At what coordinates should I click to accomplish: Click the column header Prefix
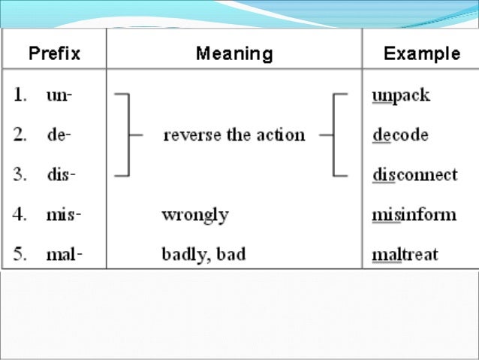pos(55,53)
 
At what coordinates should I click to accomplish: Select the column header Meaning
pos(234,53)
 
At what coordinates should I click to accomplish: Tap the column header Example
pos(421,53)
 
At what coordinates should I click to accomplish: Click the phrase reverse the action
pos(234,136)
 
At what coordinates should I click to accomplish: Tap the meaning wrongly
pos(195,215)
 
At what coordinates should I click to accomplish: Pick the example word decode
pos(400,136)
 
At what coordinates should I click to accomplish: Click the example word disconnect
pos(414,175)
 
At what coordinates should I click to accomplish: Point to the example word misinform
pos(414,215)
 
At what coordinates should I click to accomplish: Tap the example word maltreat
pos(405,254)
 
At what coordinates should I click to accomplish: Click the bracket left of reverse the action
pos(127,136)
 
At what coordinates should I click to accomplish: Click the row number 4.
pos(20,215)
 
